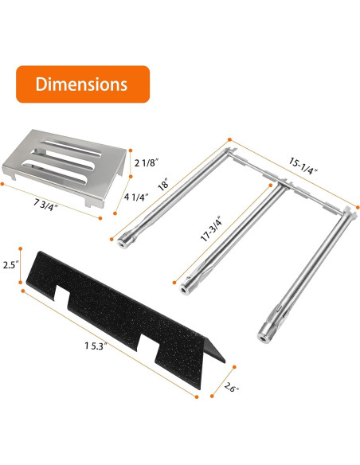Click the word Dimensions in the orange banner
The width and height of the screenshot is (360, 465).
[81, 84]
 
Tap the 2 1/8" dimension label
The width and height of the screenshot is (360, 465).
[147, 162]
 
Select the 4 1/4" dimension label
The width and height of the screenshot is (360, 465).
[136, 197]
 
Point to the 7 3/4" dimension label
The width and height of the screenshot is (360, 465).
[45, 205]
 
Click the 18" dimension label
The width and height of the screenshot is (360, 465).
[163, 184]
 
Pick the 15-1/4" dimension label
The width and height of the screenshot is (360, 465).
[303, 166]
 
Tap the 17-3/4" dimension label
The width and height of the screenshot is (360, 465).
[211, 229]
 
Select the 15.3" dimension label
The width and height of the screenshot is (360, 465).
[96, 346]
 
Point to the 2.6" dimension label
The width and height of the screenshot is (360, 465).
[231, 387]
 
